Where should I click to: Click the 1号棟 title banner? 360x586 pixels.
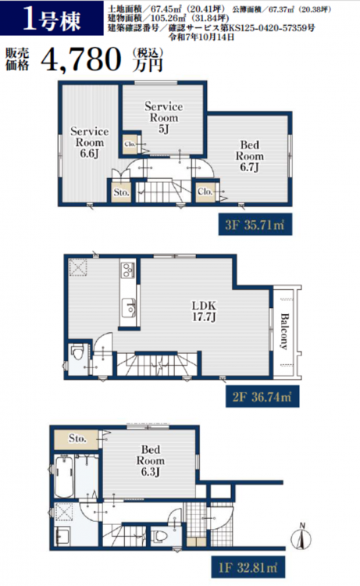click(52, 18)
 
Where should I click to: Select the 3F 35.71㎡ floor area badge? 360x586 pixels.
click(255, 224)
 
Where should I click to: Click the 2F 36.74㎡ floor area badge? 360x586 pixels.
click(262, 396)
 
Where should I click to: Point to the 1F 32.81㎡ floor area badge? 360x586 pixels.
click(248, 568)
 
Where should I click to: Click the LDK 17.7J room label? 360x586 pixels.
click(204, 311)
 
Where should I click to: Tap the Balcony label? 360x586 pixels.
click(284, 331)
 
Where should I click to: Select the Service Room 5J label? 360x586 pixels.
click(163, 117)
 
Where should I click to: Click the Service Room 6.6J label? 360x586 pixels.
click(89, 142)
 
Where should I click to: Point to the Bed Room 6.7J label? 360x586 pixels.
click(249, 155)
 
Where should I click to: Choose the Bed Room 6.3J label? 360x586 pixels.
click(150, 460)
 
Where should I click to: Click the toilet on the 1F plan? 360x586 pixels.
click(159, 537)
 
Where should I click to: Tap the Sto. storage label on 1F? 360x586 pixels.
click(77, 438)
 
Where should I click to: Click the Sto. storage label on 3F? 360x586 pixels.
click(122, 192)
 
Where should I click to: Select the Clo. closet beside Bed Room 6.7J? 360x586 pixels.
click(205, 191)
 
